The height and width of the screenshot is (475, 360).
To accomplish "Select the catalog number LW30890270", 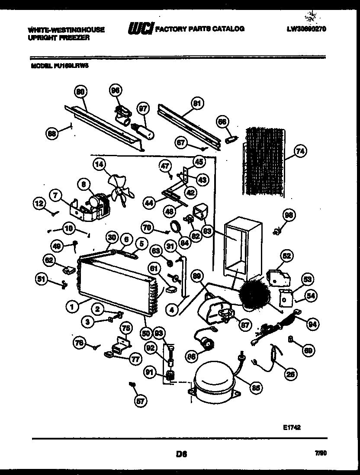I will [306, 29].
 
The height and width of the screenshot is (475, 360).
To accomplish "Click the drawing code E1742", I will [292, 427].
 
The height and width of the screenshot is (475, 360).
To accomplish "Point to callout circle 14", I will [100, 164].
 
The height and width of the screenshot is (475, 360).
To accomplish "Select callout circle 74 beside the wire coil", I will [299, 151].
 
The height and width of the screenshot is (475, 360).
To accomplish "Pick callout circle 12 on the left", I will [39, 202].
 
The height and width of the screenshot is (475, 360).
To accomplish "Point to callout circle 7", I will [55, 195].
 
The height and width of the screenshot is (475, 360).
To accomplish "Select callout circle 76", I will [78, 342].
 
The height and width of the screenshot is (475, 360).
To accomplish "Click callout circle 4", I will [172, 309].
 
